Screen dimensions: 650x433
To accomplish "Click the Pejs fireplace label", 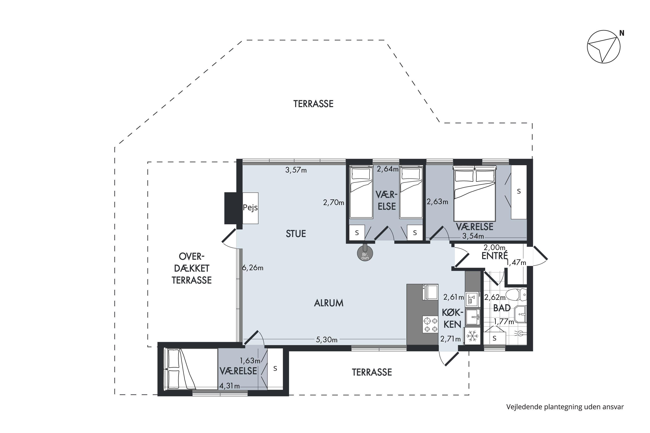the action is [x=250, y=208].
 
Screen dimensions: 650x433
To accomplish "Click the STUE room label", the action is [x=296, y=234].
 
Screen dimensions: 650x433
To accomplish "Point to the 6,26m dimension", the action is [x=253, y=268].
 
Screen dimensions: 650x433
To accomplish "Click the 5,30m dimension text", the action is [x=327, y=340].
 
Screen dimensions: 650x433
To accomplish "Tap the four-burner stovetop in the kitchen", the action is [x=431, y=325].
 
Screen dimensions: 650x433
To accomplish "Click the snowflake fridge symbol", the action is [x=472, y=336].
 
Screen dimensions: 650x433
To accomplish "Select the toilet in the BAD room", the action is [x=516, y=295].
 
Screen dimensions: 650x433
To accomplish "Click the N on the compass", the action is [x=622, y=33].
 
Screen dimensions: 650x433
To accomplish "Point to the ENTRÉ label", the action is [x=494, y=256].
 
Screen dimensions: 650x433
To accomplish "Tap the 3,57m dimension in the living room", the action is [x=296, y=170].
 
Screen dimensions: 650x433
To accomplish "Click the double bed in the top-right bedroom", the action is [x=474, y=193].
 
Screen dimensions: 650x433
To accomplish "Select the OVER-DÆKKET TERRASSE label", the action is [x=192, y=268].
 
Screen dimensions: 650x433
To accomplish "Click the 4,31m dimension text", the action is [x=229, y=386].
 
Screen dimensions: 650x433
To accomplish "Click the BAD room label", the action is [x=502, y=308].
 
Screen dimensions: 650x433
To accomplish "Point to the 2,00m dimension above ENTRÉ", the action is [x=494, y=247].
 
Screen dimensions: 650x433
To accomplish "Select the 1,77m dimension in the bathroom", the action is [x=504, y=322].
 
